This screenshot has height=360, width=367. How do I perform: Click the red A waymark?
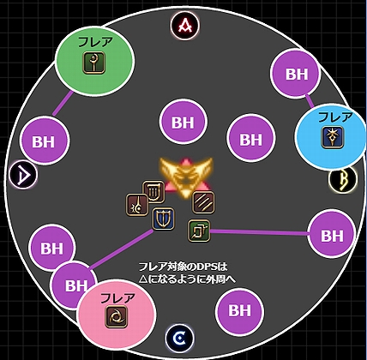185,26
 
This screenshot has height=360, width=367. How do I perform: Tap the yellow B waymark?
343,180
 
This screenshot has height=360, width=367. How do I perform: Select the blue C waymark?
180,339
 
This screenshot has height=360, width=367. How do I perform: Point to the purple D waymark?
23,175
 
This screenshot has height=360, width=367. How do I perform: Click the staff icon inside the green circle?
94,63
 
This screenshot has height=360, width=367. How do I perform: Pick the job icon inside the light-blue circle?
333,137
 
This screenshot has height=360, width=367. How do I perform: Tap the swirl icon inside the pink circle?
117,316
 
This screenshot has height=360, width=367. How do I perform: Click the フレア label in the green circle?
95,42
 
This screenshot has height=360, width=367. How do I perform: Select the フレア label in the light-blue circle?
335,117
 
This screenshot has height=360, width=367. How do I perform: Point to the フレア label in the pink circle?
117,298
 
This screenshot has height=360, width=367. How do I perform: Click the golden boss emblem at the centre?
186,177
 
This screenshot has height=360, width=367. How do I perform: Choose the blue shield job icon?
163,219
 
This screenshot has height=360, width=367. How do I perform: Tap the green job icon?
199,231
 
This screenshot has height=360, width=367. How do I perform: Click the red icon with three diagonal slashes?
203,202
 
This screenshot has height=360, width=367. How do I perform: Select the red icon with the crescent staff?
137,205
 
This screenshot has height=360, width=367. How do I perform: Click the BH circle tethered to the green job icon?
332,234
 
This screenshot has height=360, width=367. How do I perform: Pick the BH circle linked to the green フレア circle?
45,141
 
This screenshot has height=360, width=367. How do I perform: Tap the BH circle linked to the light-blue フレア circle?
296,74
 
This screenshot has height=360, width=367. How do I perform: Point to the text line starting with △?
187,279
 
